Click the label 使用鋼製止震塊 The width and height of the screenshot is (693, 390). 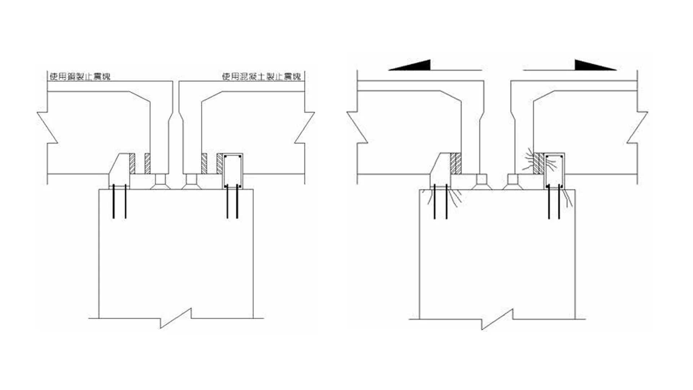coord(80,77)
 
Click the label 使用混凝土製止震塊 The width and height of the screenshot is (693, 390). coord(261,77)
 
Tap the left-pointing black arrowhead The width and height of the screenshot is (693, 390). coord(410,65)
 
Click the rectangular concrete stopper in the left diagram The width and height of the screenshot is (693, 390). coord(232,171)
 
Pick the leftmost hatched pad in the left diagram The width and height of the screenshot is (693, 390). coord(132,164)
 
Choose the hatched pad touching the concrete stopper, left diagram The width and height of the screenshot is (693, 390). coord(220,164)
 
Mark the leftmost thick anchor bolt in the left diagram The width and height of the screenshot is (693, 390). coord(114,201)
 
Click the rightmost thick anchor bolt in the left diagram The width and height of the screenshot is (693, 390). coord(237,201)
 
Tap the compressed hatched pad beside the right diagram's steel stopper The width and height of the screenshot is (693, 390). coord(456,164)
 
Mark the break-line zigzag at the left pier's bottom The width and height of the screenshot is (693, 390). coord(176,318)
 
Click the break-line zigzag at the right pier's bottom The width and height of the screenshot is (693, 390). coord(497,319)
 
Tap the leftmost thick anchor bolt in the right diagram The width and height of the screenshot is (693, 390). coord(435,201)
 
